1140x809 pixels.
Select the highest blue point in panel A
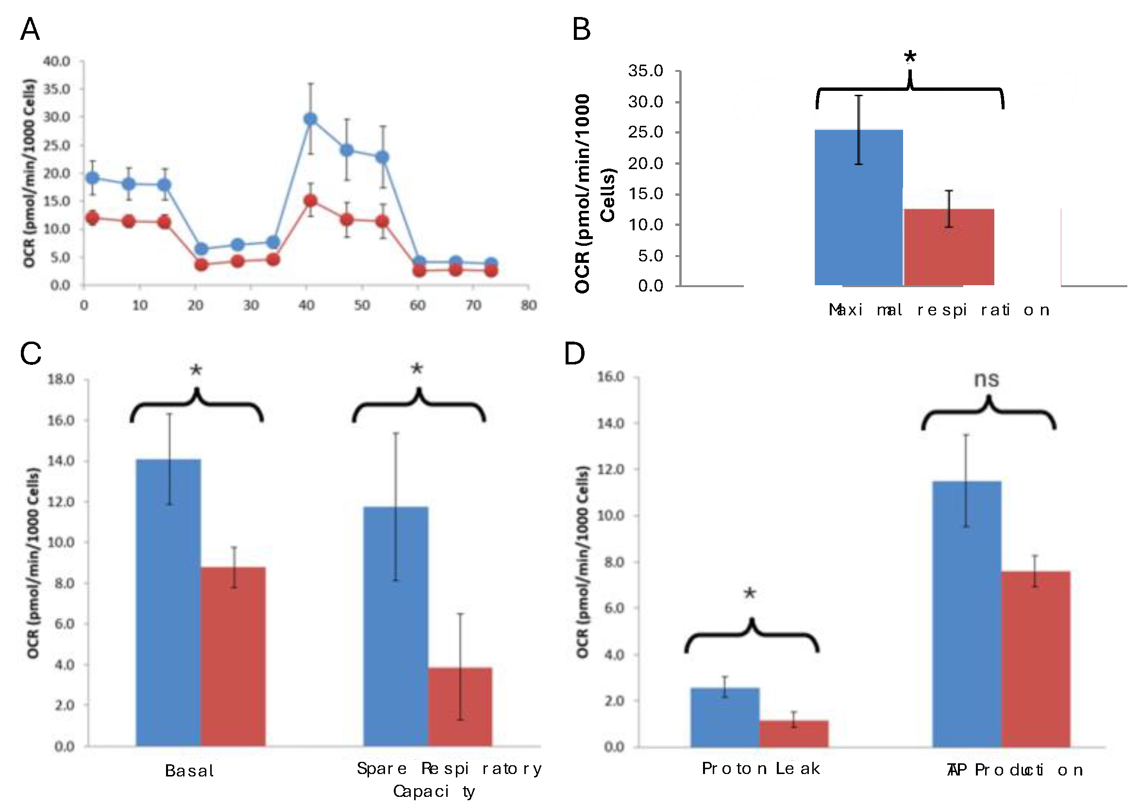point(310,119)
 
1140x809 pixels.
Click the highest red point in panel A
point(310,201)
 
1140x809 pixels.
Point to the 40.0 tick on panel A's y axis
point(57,61)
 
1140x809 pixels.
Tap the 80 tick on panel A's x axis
point(528,305)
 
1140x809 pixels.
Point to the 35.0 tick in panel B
point(646,71)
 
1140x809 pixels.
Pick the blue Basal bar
point(168,603)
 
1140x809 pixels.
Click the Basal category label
point(189,771)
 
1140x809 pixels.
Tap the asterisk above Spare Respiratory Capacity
point(417,369)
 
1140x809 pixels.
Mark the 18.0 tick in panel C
point(61,379)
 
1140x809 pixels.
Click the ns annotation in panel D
point(986,379)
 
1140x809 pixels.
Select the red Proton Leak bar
point(793,734)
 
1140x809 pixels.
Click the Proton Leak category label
point(760,769)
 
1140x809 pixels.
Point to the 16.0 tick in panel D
point(610,377)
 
